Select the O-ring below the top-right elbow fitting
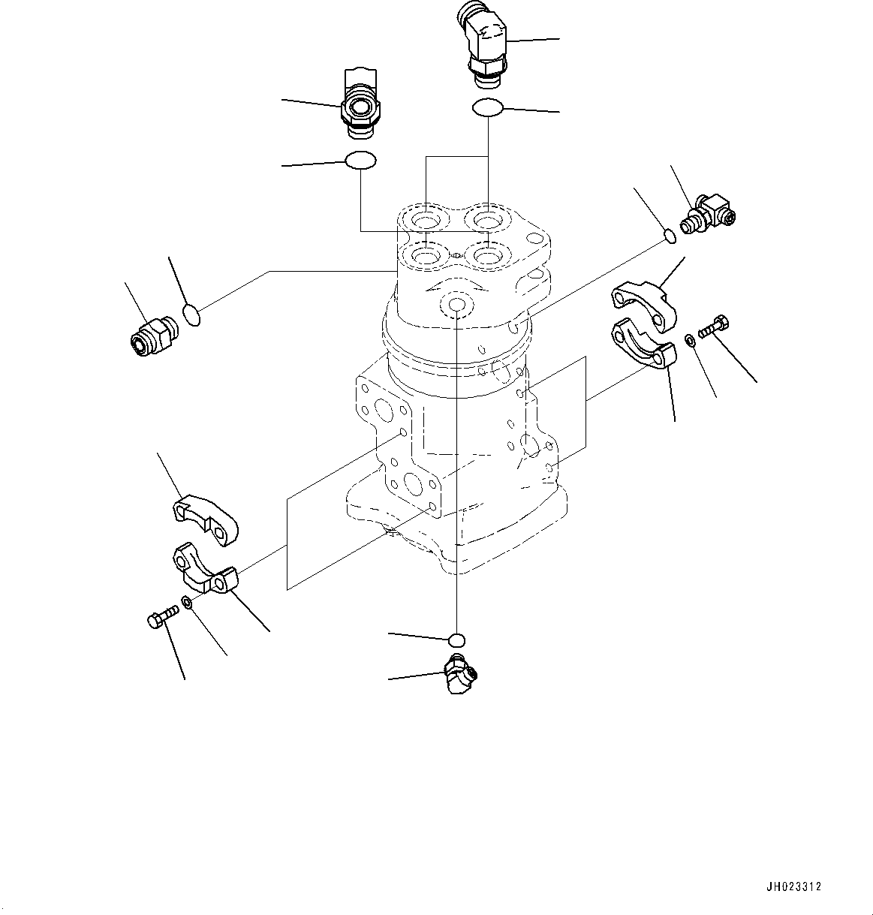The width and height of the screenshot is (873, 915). tap(487, 108)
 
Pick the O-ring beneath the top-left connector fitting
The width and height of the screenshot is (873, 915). tap(360, 160)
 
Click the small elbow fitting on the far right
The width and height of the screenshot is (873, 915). tap(709, 212)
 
